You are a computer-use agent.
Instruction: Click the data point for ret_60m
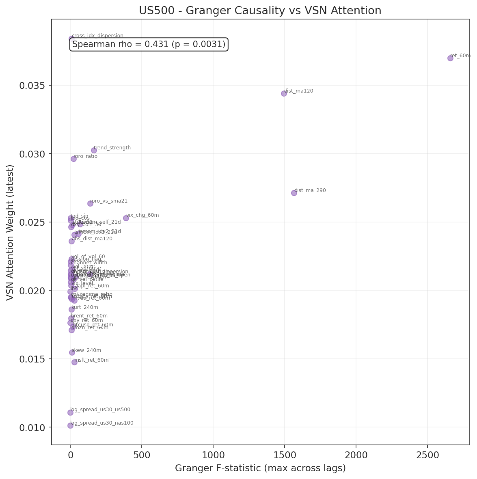click(x=450, y=58)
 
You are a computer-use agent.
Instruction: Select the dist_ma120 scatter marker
click(x=284, y=93)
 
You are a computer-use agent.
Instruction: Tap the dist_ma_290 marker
click(x=294, y=193)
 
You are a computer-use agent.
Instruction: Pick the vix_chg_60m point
click(x=126, y=218)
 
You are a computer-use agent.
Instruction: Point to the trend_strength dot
click(x=94, y=150)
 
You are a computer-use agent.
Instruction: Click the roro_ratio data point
click(x=73, y=159)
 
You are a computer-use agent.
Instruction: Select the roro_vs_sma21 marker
click(x=90, y=203)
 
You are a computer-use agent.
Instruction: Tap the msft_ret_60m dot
click(x=74, y=362)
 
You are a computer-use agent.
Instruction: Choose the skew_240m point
click(x=72, y=352)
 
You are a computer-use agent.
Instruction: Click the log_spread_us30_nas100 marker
click(x=70, y=425)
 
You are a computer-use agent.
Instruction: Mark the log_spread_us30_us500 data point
click(x=70, y=412)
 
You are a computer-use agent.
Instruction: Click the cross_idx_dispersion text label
click(x=97, y=36)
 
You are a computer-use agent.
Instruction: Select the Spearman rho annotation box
click(x=149, y=44)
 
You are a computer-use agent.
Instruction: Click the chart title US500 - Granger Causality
click(x=260, y=11)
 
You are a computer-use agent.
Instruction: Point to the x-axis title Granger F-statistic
click(x=260, y=468)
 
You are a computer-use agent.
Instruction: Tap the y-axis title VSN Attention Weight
click(x=10, y=232)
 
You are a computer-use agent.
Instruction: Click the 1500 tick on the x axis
click(x=284, y=455)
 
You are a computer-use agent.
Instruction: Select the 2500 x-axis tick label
click(x=427, y=455)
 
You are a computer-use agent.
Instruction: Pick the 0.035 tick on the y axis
click(x=32, y=85)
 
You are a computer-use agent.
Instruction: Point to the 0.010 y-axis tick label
click(x=32, y=427)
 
